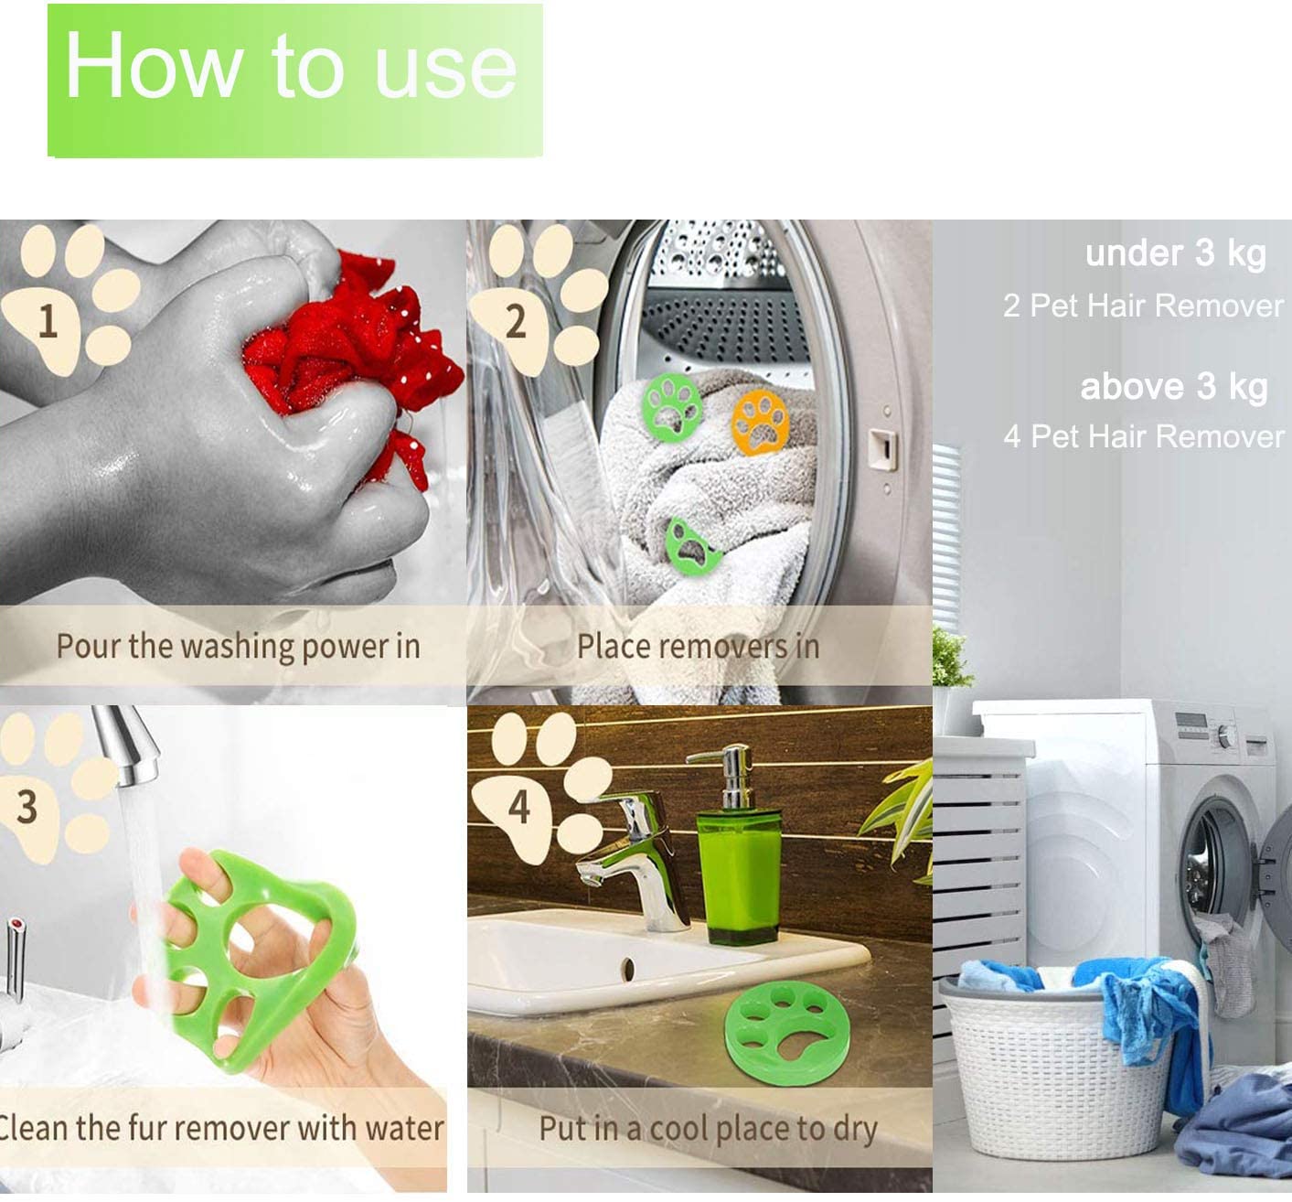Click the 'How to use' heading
click(291, 66)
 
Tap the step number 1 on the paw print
click(48, 321)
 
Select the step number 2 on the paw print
click(515, 321)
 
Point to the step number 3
click(27, 807)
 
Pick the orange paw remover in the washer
click(760, 422)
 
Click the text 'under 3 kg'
click(1176, 254)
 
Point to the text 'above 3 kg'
click(1174, 387)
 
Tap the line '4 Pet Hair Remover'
click(1144, 436)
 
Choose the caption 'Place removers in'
click(698, 647)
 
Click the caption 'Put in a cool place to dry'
click(709, 1129)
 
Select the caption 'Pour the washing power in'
click(238, 647)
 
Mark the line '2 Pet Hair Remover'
click(1143, 306)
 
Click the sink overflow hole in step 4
click(628, 970)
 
